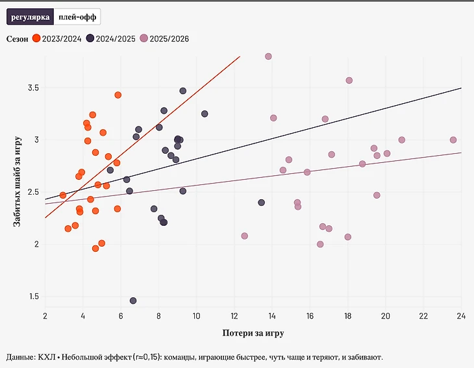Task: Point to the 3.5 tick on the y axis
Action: click(x=32, y=88)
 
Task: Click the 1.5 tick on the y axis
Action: click(x=32, y=297)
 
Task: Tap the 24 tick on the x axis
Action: click(x=461, y=315)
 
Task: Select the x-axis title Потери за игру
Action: click(x=253, y=333)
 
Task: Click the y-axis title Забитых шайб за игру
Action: click(x=18, y=181)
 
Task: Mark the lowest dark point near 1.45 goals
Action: click(x=133, y=301)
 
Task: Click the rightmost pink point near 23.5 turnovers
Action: click(x=453, y=140)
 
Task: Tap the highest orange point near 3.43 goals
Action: click(x=118, y=95)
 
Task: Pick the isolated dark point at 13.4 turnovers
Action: click(x=262, y=202)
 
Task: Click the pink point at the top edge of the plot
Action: click(x=268, y=56)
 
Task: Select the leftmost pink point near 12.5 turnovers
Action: click(x=245, y=236)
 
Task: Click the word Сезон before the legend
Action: click(x=17, y=39)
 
